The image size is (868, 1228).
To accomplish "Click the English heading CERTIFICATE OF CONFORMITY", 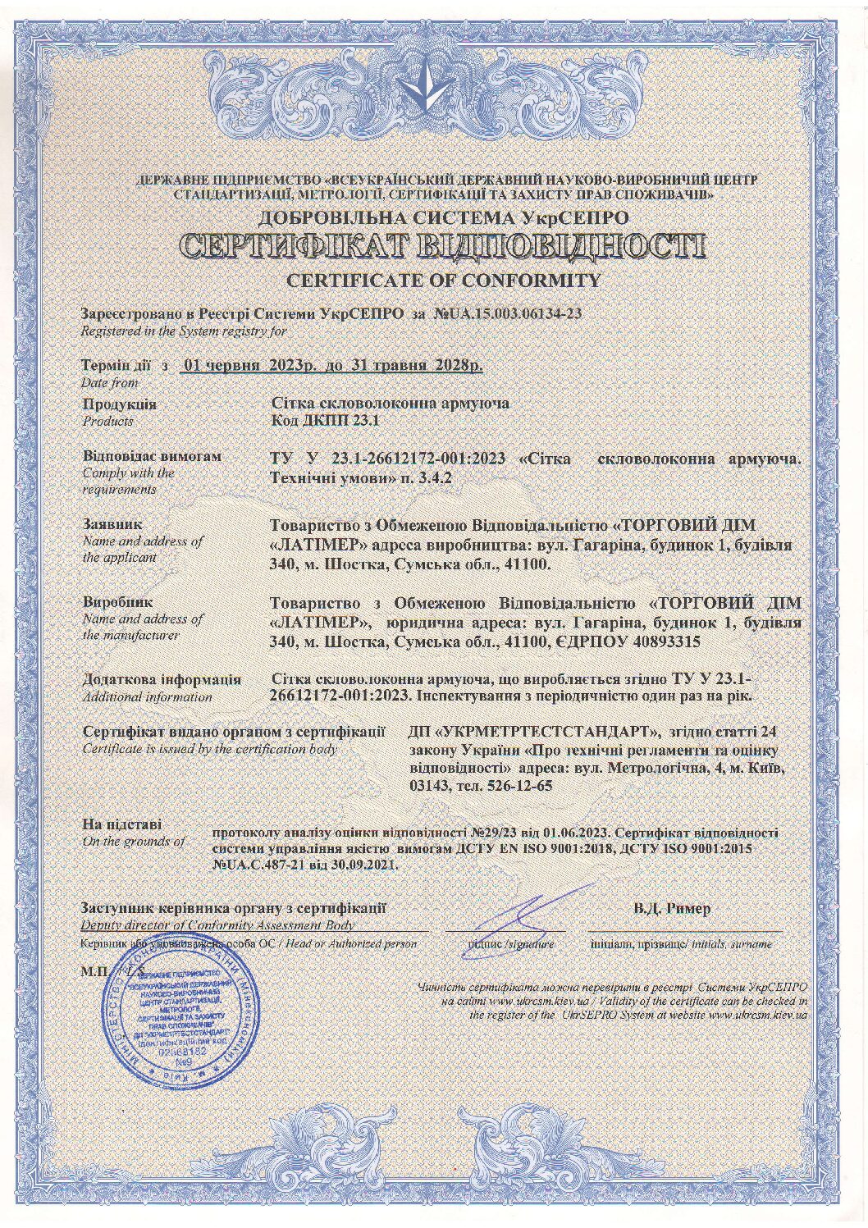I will tap(443, 281).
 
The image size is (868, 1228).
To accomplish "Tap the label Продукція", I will tap(119, 404).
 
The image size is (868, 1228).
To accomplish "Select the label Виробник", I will tap(117, 602).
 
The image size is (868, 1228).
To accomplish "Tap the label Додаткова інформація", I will tap(162, 679).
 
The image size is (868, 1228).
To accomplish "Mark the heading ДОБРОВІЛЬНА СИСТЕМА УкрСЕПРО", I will tap(443, 217).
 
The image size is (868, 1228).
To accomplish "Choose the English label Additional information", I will tap(147, 697).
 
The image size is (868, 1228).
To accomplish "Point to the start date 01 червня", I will tap(222, 365).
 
